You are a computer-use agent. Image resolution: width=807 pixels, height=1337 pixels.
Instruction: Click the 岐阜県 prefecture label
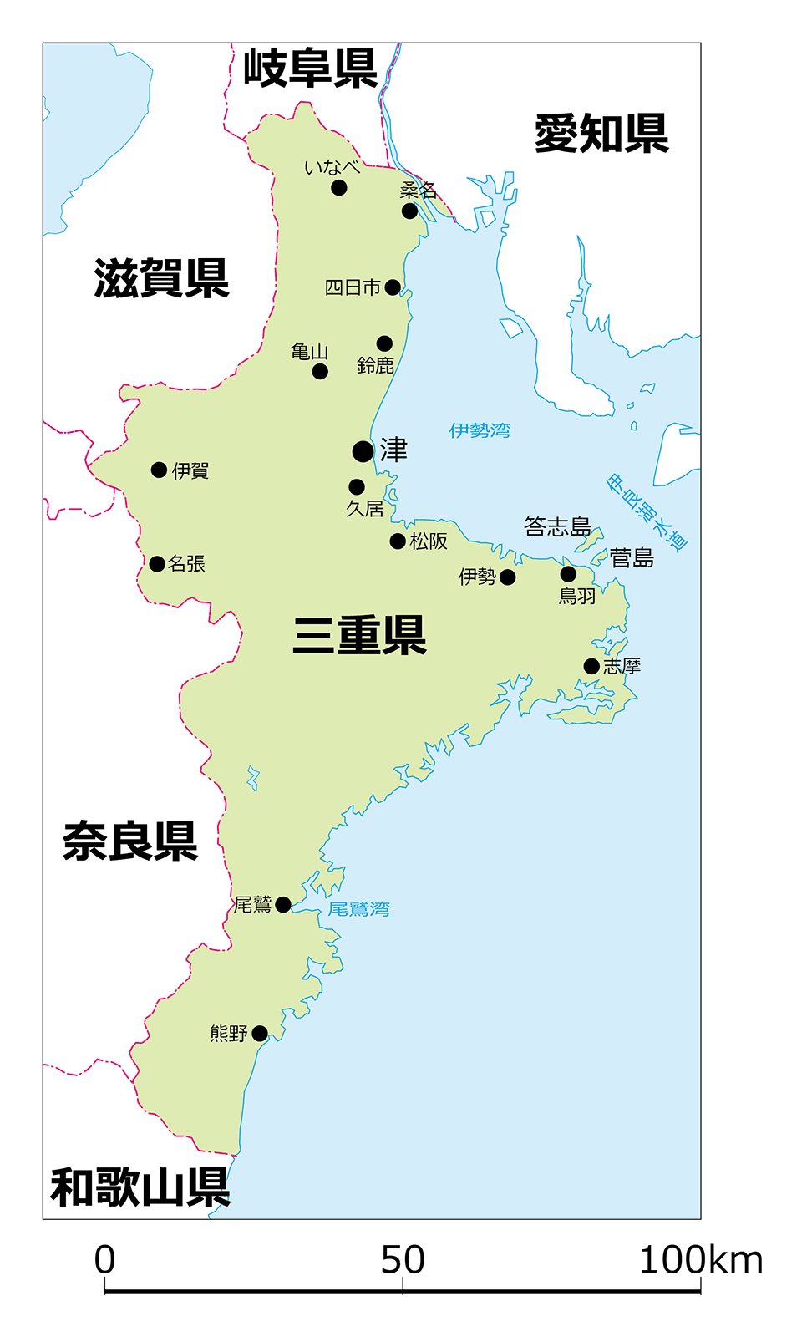click(310, 69)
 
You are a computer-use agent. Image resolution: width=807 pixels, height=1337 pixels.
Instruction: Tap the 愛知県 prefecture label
click(601, 134)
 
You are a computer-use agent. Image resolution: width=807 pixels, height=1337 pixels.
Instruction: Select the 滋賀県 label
click(161, 278)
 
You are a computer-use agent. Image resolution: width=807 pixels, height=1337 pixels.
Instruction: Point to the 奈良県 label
click(130, 841)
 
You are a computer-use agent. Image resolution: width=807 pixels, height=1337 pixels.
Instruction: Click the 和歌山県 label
click(140, 1187)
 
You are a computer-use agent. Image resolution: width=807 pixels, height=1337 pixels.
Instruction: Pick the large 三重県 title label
click(359, 635)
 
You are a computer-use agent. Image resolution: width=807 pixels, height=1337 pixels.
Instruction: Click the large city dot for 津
click(363, 451)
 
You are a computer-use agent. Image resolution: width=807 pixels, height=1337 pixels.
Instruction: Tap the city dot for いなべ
click(338, 187)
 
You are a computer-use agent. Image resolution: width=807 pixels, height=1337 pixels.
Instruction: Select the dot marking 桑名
click(409, 211)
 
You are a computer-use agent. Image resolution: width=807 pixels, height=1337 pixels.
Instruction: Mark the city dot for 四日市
click(393, 287)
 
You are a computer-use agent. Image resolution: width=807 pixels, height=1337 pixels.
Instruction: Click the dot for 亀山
click(320, 371)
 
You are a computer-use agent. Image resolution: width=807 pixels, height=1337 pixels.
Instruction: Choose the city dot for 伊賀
click(159, 470)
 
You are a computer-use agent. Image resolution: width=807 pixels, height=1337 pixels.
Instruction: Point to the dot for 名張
click(156, 563)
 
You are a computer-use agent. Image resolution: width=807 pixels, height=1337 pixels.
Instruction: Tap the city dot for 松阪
click(398, 541)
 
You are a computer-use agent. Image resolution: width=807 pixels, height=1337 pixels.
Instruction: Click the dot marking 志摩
click(591, 666)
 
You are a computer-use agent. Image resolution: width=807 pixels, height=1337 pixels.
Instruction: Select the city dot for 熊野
click(260, 1034)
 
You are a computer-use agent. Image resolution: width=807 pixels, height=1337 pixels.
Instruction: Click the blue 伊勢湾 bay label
click(480, 430)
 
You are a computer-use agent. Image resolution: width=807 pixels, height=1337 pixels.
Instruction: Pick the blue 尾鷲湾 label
click(358, 909)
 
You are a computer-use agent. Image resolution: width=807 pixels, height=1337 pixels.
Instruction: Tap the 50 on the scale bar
click(403, 1260)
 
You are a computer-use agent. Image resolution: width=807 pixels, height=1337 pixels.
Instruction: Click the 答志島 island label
click(557, 526)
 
